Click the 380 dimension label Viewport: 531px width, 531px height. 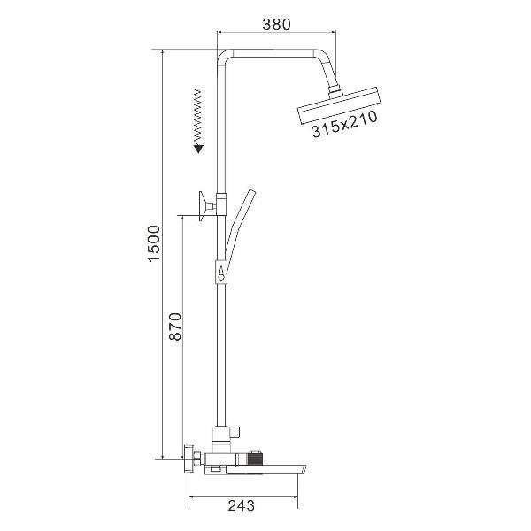click(x=276, y=25)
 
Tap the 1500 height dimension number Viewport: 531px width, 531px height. click(x=154, y=243)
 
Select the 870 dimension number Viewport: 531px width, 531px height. click(x=175, y=327)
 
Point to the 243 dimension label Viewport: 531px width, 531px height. click(x=241, y=505)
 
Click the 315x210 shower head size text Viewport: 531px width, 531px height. click(x=344, y=124)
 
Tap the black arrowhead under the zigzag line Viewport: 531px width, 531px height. click(x=198, y=150)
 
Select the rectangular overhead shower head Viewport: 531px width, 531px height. click(x=339, y=105)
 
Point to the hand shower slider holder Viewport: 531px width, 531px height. click(x=220, y=272)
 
